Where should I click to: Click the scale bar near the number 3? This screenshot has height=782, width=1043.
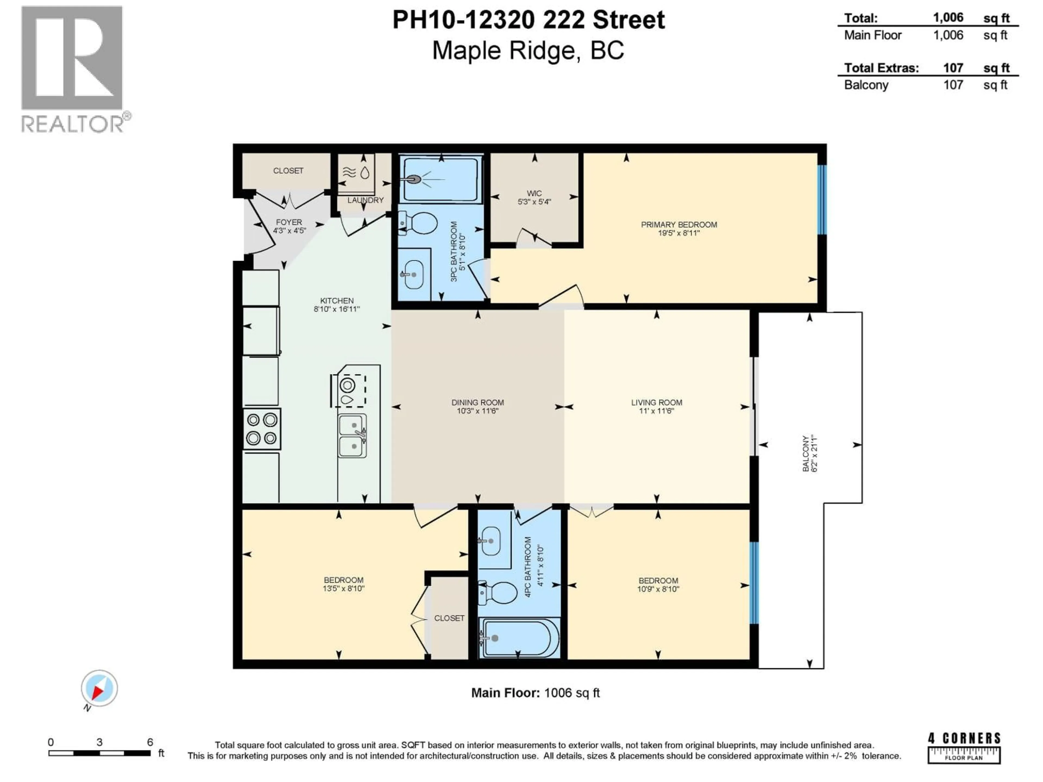coord(99,753)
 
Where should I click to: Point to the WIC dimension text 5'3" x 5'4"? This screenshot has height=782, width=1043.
coord(534,202)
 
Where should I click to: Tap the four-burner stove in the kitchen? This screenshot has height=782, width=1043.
coord(262,429)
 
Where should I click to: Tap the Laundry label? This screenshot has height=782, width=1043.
coord(365,200)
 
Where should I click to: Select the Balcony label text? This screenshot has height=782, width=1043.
coord(805,453)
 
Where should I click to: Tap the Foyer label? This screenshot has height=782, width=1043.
coord(289,222)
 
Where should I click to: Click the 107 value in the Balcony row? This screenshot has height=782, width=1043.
coord(953,85)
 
